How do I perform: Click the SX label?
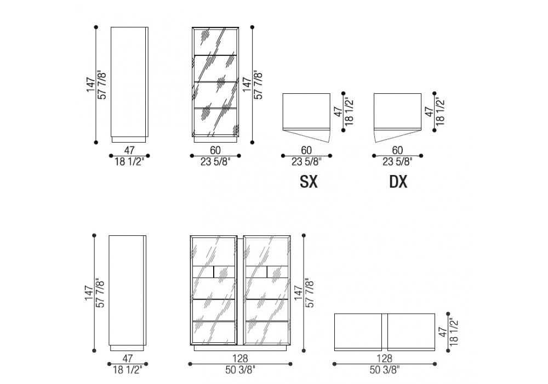pyautogui.click(x=309, y=182)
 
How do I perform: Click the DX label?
pyautogui.click(x=398, y=182)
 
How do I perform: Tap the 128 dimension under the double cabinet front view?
pyautogui.click(x=240, y=358)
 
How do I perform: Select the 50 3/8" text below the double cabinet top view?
pyautogui.click(x=385, y=370)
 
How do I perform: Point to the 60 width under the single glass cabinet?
pyautogui.click(x=215, y=150)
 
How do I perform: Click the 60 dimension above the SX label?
pyautogui.click(x=306, y=150)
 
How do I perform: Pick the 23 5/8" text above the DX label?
pyautogui.click(x=397, y=162)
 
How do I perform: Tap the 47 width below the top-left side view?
pyautogui.click(x=129, y=150)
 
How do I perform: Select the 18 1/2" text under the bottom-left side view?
pyautogui.click(x=128, y=370)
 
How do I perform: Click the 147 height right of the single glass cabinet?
pyautogui.click(x=247, y=84)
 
